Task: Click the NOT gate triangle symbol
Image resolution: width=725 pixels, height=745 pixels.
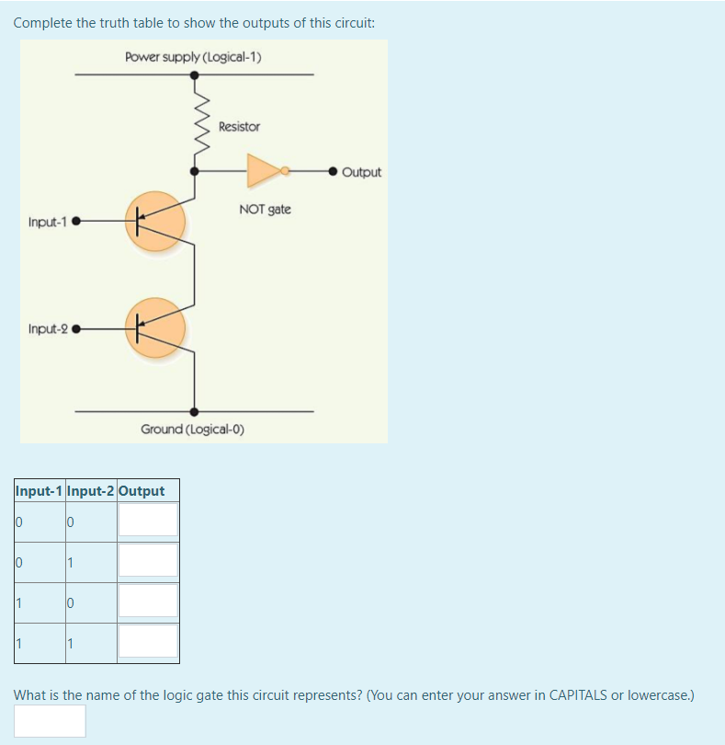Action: coord(264,170)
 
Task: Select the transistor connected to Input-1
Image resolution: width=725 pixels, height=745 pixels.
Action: coord(155,222)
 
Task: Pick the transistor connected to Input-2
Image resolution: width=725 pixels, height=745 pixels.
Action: coord(155,327)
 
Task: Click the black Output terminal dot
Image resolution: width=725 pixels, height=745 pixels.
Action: coord(334,171)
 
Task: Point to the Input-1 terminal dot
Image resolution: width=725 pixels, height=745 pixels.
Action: coord(76,222)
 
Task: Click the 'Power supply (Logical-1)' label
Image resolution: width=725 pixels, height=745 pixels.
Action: coord(193,57)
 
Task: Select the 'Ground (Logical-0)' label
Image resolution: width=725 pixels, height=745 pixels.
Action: coord(192,430)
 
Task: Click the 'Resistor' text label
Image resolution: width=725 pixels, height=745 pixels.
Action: coord(239,126)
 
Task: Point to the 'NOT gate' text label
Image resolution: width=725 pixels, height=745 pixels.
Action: coord(265,209)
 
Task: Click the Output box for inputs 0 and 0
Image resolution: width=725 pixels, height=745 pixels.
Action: coord(148,520)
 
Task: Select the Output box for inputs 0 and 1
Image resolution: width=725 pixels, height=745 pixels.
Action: coord(148,560)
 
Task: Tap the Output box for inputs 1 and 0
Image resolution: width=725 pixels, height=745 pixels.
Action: coord(148,601)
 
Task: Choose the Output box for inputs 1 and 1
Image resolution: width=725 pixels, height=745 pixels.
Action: coord(148,641)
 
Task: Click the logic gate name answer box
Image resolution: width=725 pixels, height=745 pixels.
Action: coord(50,721)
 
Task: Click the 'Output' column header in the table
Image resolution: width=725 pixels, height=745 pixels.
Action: coord(142,491)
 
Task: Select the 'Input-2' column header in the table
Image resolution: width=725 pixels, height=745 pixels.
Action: coord(90,491)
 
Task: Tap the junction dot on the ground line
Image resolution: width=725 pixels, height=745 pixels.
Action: coord(194,411)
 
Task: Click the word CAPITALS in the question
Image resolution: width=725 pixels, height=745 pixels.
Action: coord(582,695)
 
